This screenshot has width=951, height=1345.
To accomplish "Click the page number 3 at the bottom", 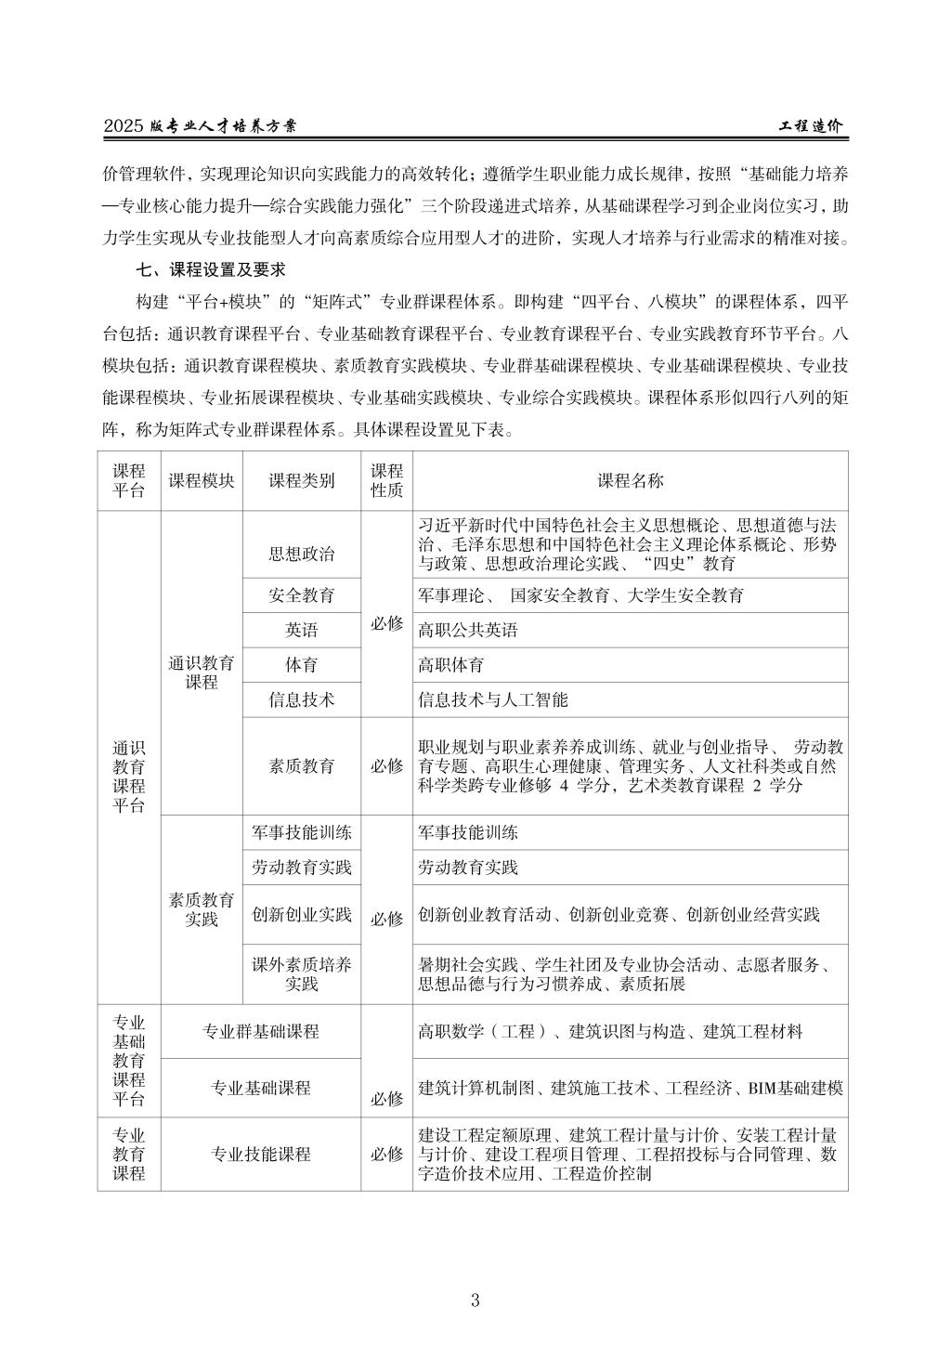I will (x=475, y=1299).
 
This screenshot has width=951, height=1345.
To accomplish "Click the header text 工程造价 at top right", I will (x=810, y=126).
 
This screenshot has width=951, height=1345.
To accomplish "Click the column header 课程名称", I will (x=631, y=480).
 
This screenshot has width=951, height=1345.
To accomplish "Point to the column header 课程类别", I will (x=302, y=480).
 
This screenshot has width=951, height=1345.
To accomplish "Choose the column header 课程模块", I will (x=202, y=480).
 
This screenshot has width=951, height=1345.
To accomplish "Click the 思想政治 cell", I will (x=302, y=555).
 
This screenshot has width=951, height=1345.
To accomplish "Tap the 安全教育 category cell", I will (x=302, y=595).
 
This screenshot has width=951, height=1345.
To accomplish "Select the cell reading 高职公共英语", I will (x=468, y=631).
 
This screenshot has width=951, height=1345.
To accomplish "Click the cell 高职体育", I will (x=451, y=665).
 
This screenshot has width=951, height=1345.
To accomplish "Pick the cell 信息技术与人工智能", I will (x=493, y=699).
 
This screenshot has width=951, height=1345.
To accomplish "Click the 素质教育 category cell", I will (x=302, y=766).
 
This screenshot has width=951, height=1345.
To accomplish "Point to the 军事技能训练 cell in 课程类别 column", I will (x=302, y=832).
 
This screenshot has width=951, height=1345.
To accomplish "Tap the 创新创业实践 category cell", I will (x=302, y=914).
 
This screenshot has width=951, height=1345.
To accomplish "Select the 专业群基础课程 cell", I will (x=260, y=1031).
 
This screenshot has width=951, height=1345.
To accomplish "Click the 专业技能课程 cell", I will (x=260, y=1154).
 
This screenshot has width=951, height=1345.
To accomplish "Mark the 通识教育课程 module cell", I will (x=202, y=672).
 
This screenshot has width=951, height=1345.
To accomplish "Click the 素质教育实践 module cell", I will (x=202, y=909).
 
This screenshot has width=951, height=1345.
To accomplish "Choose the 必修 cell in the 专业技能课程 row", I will (x=386, y=1154).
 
